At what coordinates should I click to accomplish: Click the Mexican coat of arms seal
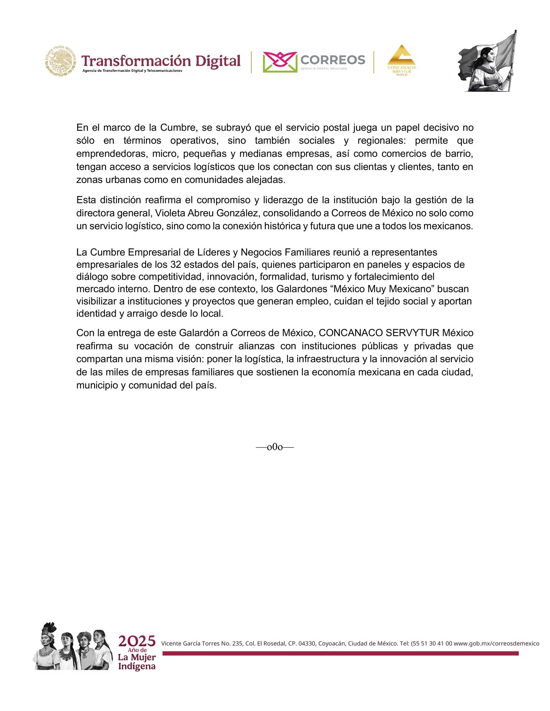[61, 61]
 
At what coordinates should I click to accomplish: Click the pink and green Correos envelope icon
[280, 62]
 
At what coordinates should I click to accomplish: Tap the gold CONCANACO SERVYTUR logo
[401, 60]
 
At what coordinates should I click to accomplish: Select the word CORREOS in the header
[332, 60]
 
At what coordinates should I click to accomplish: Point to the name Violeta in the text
[170, 213]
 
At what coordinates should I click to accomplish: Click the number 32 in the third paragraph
[176, 264]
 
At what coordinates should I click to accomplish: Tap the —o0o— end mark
[275, 447]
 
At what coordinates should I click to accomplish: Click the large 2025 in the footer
[137, 641]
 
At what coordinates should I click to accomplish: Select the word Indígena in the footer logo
[137, 666]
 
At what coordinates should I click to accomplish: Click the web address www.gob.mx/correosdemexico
[496, 643]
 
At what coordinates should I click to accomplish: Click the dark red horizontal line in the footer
[340, 653]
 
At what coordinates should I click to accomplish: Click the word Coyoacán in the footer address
[332, 643]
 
